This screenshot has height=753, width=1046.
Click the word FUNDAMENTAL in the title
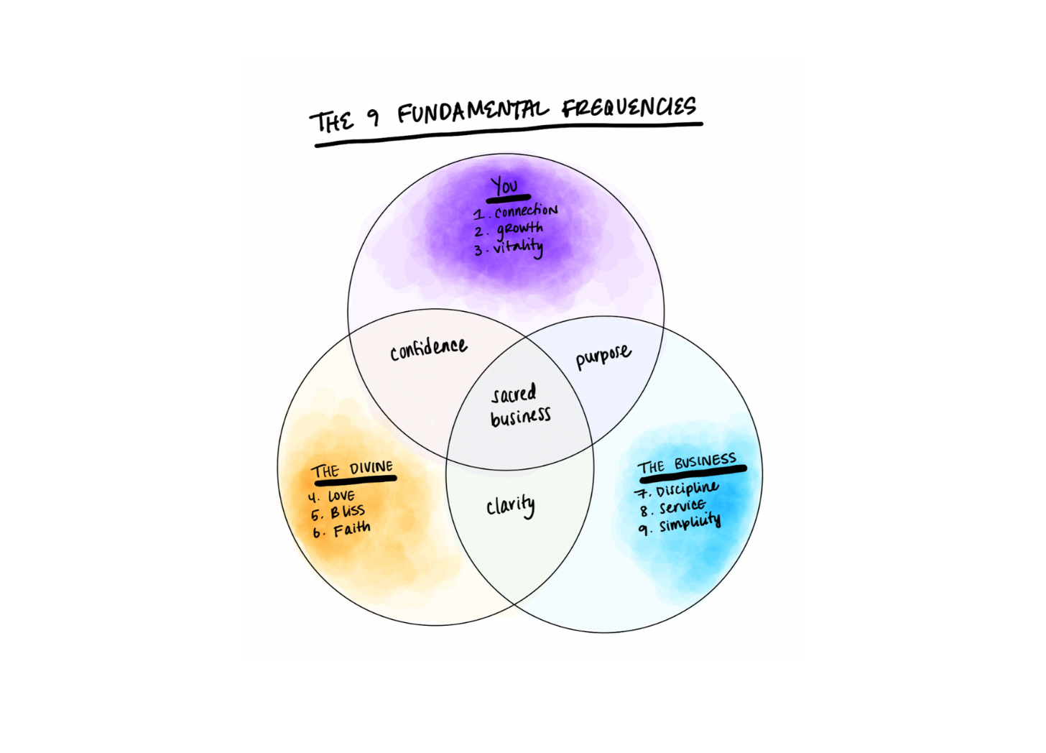tap(472, 112)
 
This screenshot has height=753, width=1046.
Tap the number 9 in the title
tap(373, 117)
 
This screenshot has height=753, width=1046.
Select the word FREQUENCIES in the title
tap(629, 108)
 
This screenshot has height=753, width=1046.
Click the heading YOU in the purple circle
tap(504, 186)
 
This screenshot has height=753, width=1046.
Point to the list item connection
tap(525, 211)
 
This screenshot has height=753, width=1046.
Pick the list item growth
tap(519, 229)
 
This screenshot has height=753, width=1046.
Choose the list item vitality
tap(517, 247)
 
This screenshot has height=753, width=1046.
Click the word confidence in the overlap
tap(428, 349)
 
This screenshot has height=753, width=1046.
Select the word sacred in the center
tap(514, 394)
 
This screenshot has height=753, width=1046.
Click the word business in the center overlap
tap(520, 417)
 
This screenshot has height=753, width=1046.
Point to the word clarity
tap(510, 507)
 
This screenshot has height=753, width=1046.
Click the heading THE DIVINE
tap(352, 469)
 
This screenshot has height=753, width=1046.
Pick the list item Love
tap(341, 496)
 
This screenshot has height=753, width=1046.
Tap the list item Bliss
tap(348, 512)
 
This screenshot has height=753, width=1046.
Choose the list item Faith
tap(352, 530)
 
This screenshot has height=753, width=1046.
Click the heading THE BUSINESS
tap(687, 463)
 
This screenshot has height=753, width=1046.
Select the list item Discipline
tap(686, 489)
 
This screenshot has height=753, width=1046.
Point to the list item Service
tap(682, 507)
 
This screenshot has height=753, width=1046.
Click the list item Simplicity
tap(690, 523)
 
